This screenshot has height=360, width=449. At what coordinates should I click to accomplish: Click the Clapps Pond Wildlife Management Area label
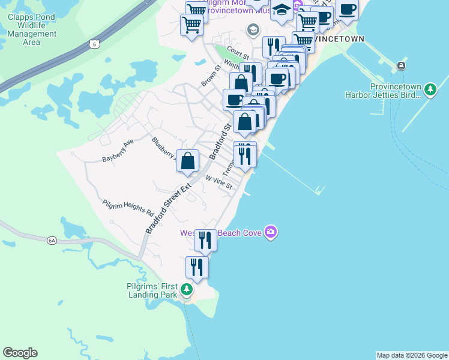pos(31,29)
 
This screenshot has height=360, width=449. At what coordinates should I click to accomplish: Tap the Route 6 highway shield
pos(92,43)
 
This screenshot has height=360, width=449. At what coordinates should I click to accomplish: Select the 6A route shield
pos(52,241)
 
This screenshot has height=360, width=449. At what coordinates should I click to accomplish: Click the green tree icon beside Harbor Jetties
pos(430,90)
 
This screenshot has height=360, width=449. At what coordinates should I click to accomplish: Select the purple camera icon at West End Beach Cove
pos(271,232)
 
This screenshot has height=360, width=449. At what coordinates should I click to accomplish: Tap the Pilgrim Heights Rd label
pos(128,208)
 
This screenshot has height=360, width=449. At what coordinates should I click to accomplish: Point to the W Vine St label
pos(219,182)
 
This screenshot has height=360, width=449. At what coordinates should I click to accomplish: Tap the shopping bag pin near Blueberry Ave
pos(188,161)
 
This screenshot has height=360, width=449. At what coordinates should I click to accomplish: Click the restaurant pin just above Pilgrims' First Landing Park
pos(197,267)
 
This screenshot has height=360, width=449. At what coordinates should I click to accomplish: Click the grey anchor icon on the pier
pos(400,66)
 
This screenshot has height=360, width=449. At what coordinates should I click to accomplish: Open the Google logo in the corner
pos(20,353)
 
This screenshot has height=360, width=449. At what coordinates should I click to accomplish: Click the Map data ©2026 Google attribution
pos(412,355)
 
